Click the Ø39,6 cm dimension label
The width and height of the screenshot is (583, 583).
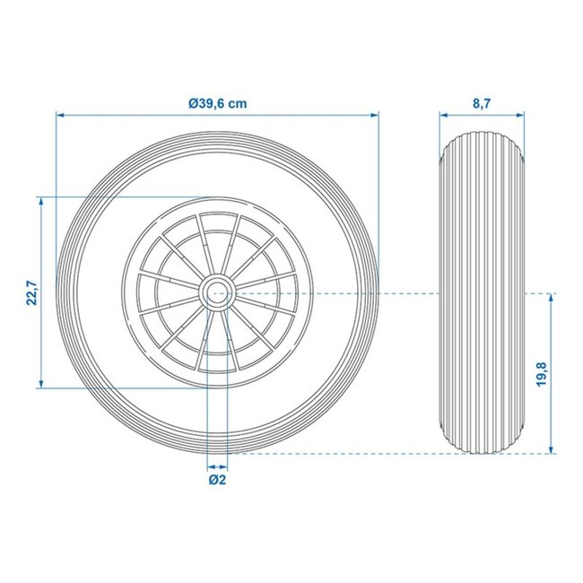(x=218, y=103)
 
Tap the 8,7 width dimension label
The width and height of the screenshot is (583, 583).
(x=481, y=103)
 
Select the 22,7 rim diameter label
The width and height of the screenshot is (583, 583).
(x=30, y=292)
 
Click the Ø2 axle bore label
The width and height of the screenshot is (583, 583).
(x=216, y=481)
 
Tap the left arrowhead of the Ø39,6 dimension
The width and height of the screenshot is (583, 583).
(x=60, y=115)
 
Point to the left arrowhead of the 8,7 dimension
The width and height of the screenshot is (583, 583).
(x=443, y=115)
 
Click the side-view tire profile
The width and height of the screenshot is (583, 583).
(x=481, y=293)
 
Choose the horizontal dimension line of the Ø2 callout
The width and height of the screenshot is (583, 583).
(x=216, y=466)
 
